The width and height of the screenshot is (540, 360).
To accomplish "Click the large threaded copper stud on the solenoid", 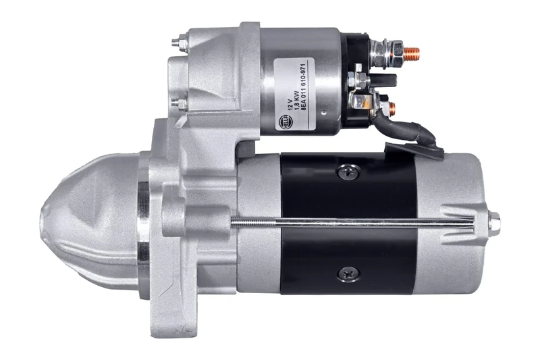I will pyautogui.click(x=411, y=51).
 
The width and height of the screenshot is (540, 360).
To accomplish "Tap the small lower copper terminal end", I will pyautogui.click(x=391, y=108).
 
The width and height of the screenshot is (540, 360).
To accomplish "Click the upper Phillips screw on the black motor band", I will pyautogui.click(x=349, y=173).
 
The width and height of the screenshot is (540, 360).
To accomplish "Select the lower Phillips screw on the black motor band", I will pyautogui.click(x=349, y=273).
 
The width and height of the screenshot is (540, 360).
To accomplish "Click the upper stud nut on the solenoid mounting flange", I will pyautogui.click(x=176, y=44).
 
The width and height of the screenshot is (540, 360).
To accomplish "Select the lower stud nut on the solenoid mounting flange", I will pyautogui.click(x=177, y=104).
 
